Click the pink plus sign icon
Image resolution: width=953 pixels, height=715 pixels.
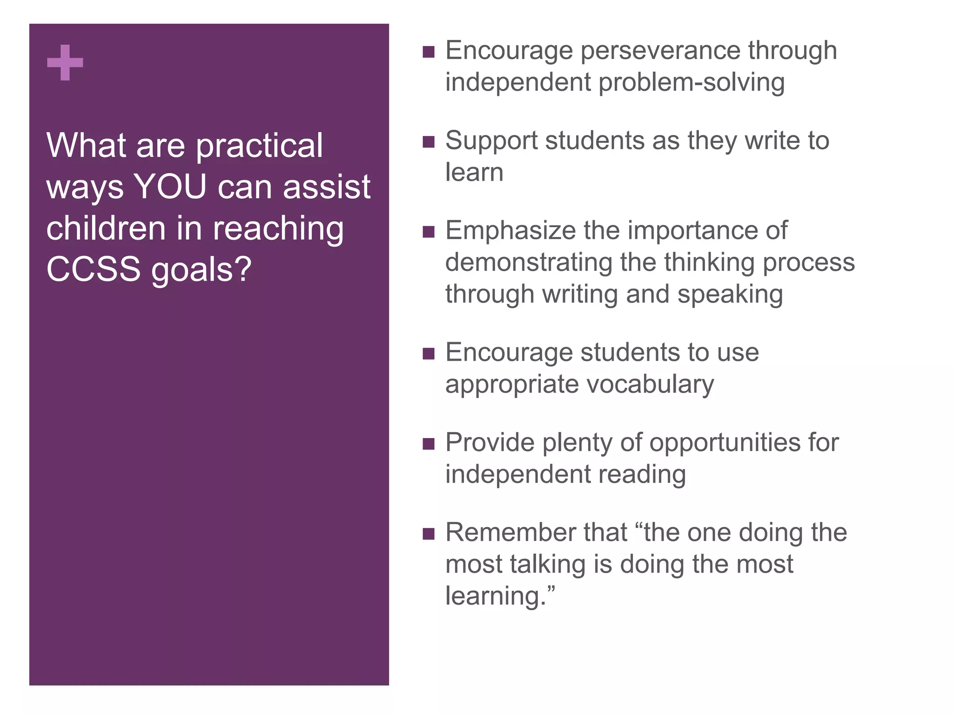65,62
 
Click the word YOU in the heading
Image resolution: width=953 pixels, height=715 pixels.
170,187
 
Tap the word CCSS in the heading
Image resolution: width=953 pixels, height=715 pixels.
93,269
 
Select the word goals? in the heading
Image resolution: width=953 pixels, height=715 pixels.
201,270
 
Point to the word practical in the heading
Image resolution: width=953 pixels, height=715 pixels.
259,146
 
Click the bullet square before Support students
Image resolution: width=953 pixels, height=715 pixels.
429,142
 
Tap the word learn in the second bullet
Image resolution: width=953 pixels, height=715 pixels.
474,172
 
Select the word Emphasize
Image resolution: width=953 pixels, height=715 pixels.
510,231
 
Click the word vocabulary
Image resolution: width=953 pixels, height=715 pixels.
650,384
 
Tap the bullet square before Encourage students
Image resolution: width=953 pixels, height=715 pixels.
429,354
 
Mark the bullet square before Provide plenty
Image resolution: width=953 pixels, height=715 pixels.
429,444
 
